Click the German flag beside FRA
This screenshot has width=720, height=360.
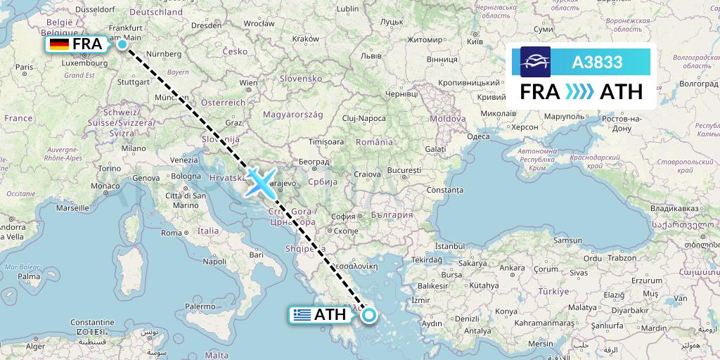click(59, 45)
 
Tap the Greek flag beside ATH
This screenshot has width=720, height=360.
click(302, 315)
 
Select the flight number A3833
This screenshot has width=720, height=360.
click(597, 62)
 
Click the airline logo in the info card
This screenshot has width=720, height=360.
click(535, 62)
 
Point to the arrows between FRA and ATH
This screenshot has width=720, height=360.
click(580, 92)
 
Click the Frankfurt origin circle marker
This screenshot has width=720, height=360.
click(122, 44)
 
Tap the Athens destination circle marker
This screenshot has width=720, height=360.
click(368, 314)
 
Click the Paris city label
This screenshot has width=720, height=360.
click(25, 67)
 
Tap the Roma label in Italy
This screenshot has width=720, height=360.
click(172, 232)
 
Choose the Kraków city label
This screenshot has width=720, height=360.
click(305, 39)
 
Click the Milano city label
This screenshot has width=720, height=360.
click(133, 148)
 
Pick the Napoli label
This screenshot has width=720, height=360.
click(214, 261)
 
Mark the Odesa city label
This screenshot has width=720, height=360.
click(478, 136)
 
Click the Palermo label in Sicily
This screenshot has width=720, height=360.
click(200, 307)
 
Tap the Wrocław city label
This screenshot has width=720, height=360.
click(259, 23)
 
